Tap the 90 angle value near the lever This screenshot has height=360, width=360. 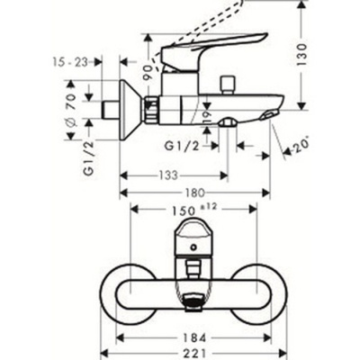point(148,70)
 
